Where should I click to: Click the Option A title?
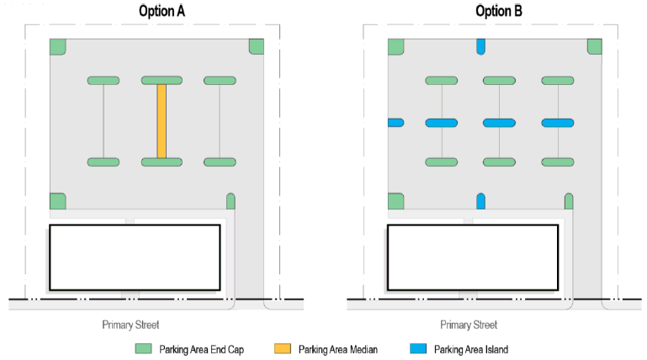point(162,11)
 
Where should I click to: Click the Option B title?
point(500,11)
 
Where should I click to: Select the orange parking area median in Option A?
point(162,120)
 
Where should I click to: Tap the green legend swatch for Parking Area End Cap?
point(145,348)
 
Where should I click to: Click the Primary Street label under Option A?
point(130,325)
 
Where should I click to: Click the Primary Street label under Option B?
point(469,325)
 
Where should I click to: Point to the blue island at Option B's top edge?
point(481,47)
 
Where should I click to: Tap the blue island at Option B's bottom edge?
point(481,201)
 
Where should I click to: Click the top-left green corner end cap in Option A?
point(57,47)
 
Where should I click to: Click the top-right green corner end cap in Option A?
point(256,46)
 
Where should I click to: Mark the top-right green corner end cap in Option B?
point(594,46)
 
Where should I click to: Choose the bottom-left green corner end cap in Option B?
point(395,201)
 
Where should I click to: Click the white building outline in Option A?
point(135,257)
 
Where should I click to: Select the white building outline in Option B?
point(473,257)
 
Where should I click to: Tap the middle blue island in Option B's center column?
point(499,123)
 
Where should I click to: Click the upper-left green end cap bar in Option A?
point(103,81)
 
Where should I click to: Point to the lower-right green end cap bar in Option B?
point(557,161)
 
